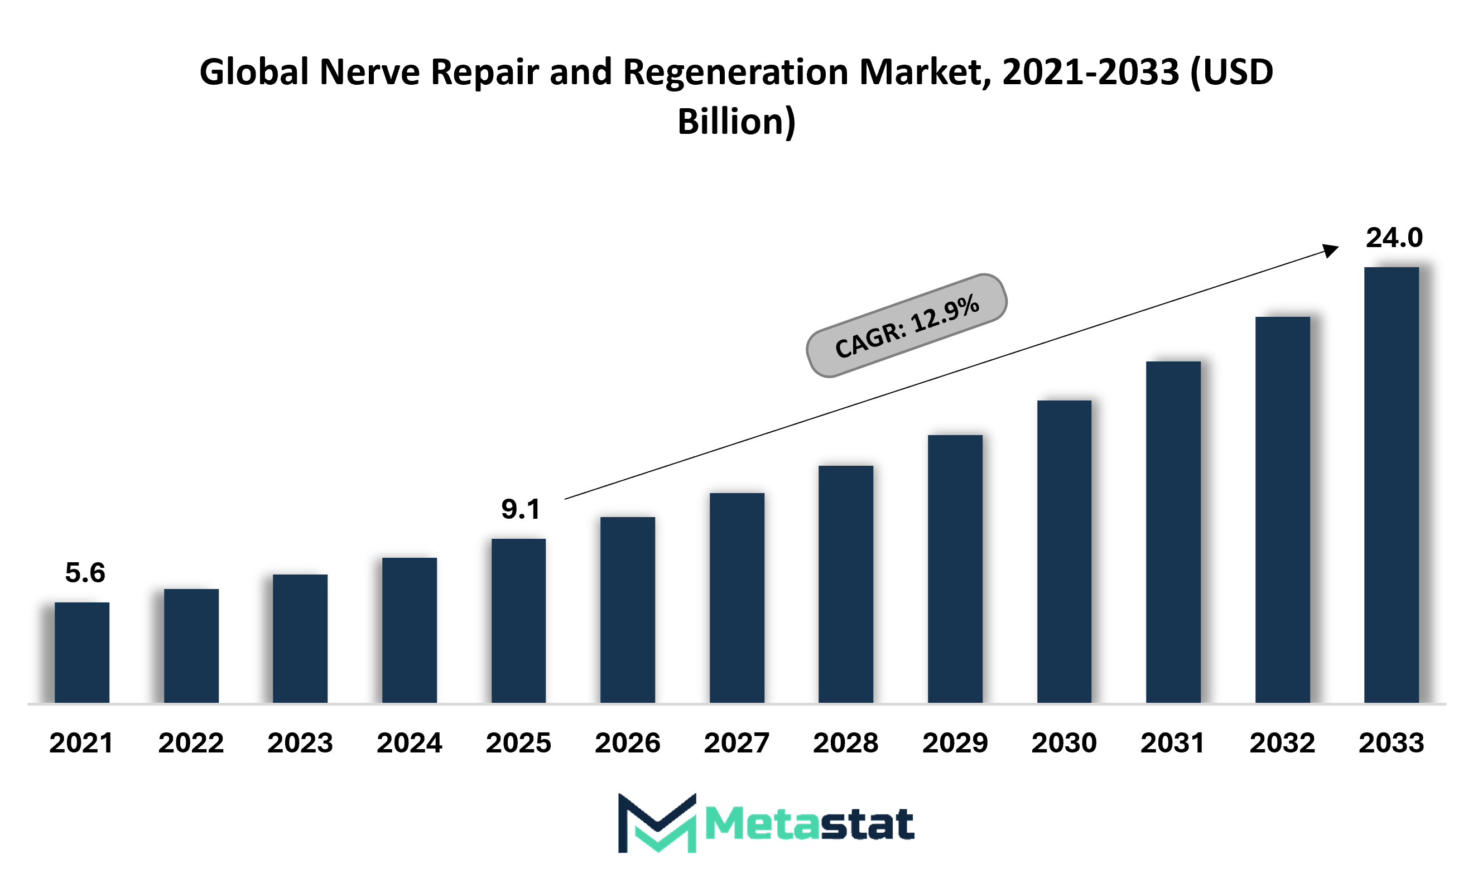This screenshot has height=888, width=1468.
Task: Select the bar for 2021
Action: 81,653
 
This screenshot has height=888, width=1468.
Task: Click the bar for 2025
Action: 518,621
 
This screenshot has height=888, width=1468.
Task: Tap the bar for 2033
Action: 1392,485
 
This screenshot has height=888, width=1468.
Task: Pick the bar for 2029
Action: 955,569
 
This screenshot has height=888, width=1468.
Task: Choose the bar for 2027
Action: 737,598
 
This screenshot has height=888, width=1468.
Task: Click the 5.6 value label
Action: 85,572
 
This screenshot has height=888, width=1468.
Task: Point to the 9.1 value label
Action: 521,509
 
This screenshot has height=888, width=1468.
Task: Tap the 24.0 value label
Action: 1394,238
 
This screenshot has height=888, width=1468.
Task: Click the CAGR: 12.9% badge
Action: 906,325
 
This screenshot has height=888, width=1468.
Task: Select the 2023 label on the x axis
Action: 300,742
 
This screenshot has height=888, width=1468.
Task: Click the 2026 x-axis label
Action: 627,742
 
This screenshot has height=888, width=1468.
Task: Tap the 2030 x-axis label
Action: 1064,742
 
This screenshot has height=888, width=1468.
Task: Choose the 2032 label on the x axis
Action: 1282,742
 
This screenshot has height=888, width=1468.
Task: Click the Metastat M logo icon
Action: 657,823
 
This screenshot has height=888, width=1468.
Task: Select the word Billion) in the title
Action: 737,122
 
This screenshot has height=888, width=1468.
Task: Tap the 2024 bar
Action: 410,630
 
